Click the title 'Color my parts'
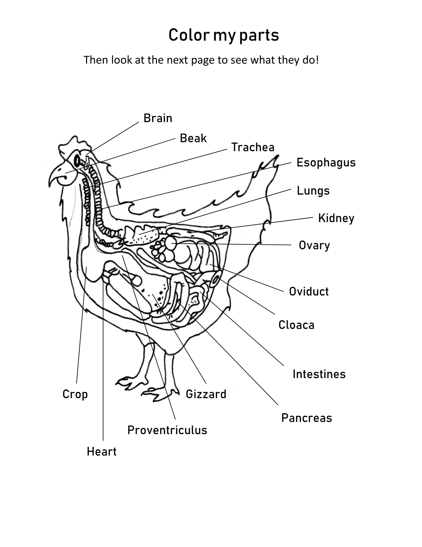coord(224,35)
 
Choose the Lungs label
coord(313,191)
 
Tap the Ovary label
coord(314,246)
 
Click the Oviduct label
coord(309,291)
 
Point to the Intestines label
coord(319,374)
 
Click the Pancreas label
coord(307,418)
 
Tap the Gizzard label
coord(206,394)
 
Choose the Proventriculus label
coord(167,430)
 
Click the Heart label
coord(102,452)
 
